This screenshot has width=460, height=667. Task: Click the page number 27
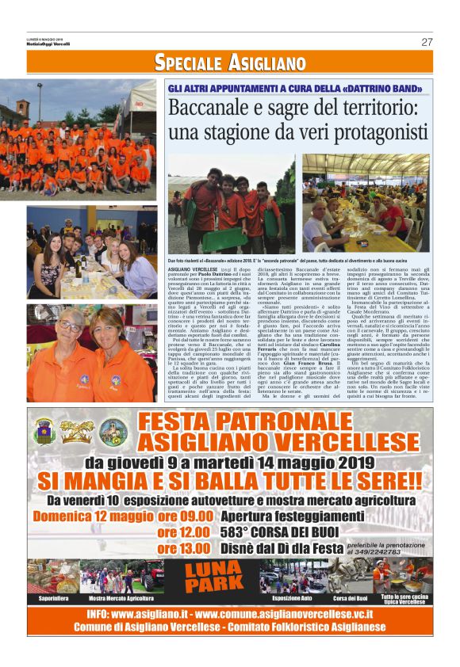427,42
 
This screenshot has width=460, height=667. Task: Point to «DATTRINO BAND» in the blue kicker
374,88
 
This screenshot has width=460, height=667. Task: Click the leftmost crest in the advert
44,430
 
